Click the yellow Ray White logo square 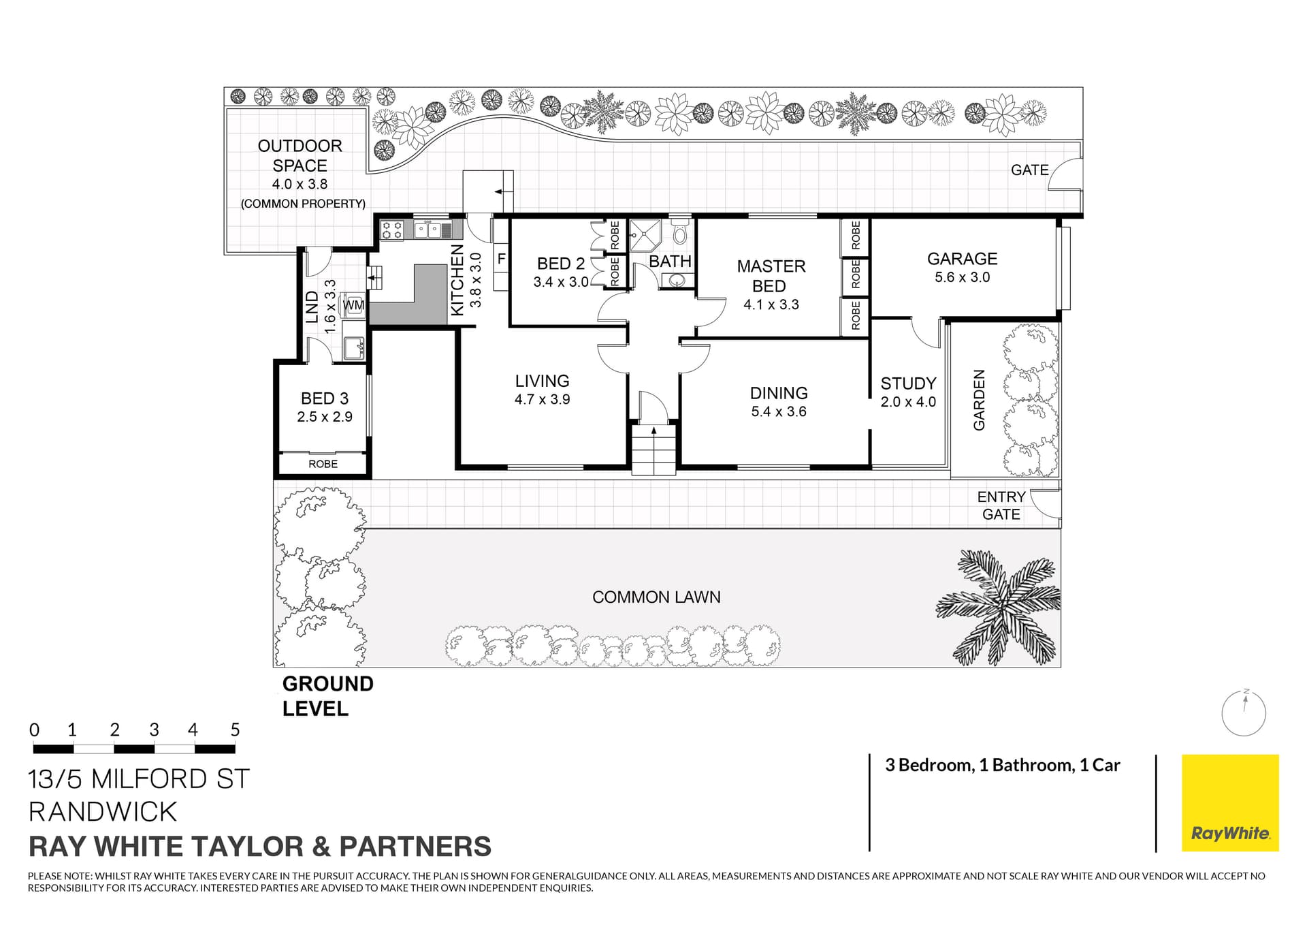coord(1229,802)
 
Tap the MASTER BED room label coord(771,276)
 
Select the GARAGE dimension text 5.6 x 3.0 coord(962,277)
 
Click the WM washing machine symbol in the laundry coord(353,305)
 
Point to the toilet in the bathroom coord(679,234)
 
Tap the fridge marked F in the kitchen coord(501,260)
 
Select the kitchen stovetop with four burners coord(391,230)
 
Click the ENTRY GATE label coord(1001,505)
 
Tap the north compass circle coord(1243,714)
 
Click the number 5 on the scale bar coord(235,730)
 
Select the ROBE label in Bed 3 coord(323,464)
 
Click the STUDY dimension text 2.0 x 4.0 coord(908,402)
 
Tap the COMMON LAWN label coord(656,597)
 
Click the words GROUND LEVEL coord(327,695)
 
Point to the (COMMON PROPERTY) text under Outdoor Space coord(303,204)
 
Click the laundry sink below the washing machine coord(354,348)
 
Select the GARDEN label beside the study coord(979,400)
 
